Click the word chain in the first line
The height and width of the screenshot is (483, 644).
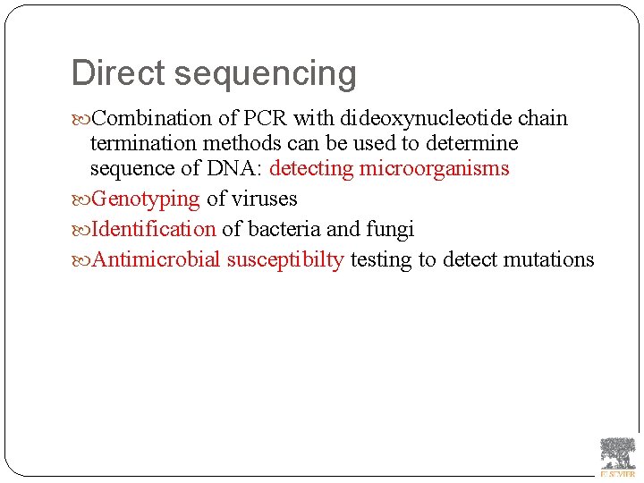(x=543, y=118)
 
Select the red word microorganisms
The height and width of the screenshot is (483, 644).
(x=434, y=168)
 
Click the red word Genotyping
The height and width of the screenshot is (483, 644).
(x=146, y=199)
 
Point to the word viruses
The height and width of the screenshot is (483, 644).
(x=264, y=199)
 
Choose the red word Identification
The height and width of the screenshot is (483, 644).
(x=154, y=229)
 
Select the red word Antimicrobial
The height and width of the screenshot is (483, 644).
(x=157, y=259)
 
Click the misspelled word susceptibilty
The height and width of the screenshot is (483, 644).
(x=285, y=260)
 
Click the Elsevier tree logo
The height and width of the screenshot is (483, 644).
(x=617, y=455)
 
